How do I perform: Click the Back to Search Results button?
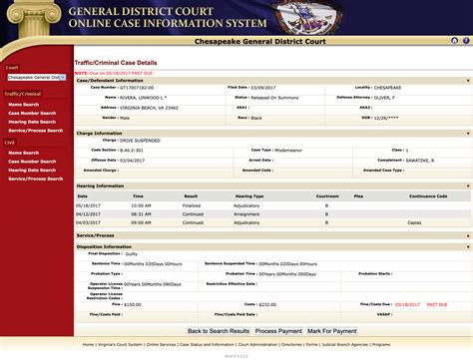tap(219, 330)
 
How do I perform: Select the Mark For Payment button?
tap(331, 330)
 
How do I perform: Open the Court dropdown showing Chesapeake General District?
tap(36, 76)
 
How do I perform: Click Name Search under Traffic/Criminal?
tap(23, 104)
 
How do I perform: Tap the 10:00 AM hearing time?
tap(141, 205)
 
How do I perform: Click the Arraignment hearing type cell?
tap(248, 213)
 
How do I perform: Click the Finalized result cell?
tap(192, 205)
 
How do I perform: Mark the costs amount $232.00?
tap(266, 303)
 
